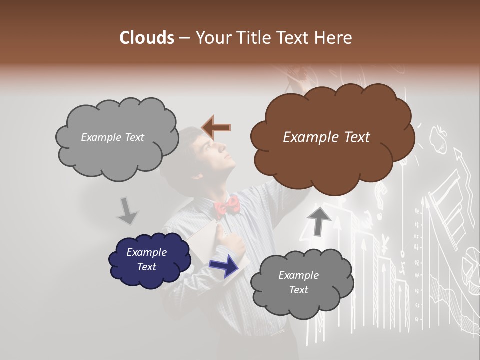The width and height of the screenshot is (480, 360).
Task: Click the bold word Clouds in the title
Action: coord(147,38)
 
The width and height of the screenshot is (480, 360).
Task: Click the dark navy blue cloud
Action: coord(149,260)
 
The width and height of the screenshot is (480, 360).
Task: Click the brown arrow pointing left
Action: coord(216,127)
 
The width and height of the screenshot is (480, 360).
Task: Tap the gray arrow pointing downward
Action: coord(127,210)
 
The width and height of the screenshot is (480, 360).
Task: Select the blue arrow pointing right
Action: coord(223,265)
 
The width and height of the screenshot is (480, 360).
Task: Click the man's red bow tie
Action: coord(227,205)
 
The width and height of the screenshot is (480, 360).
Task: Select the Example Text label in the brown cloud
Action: coord(326,137)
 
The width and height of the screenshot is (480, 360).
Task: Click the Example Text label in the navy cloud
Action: coord(146,259)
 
